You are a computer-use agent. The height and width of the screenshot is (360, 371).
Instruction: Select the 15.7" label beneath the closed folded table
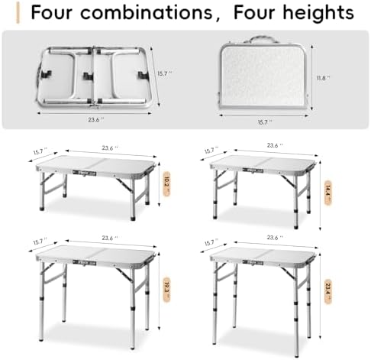(264, 119)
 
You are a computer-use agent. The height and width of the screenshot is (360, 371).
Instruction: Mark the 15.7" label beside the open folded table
(161, 73)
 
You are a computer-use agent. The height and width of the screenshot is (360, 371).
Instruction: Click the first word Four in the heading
(41, 13)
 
